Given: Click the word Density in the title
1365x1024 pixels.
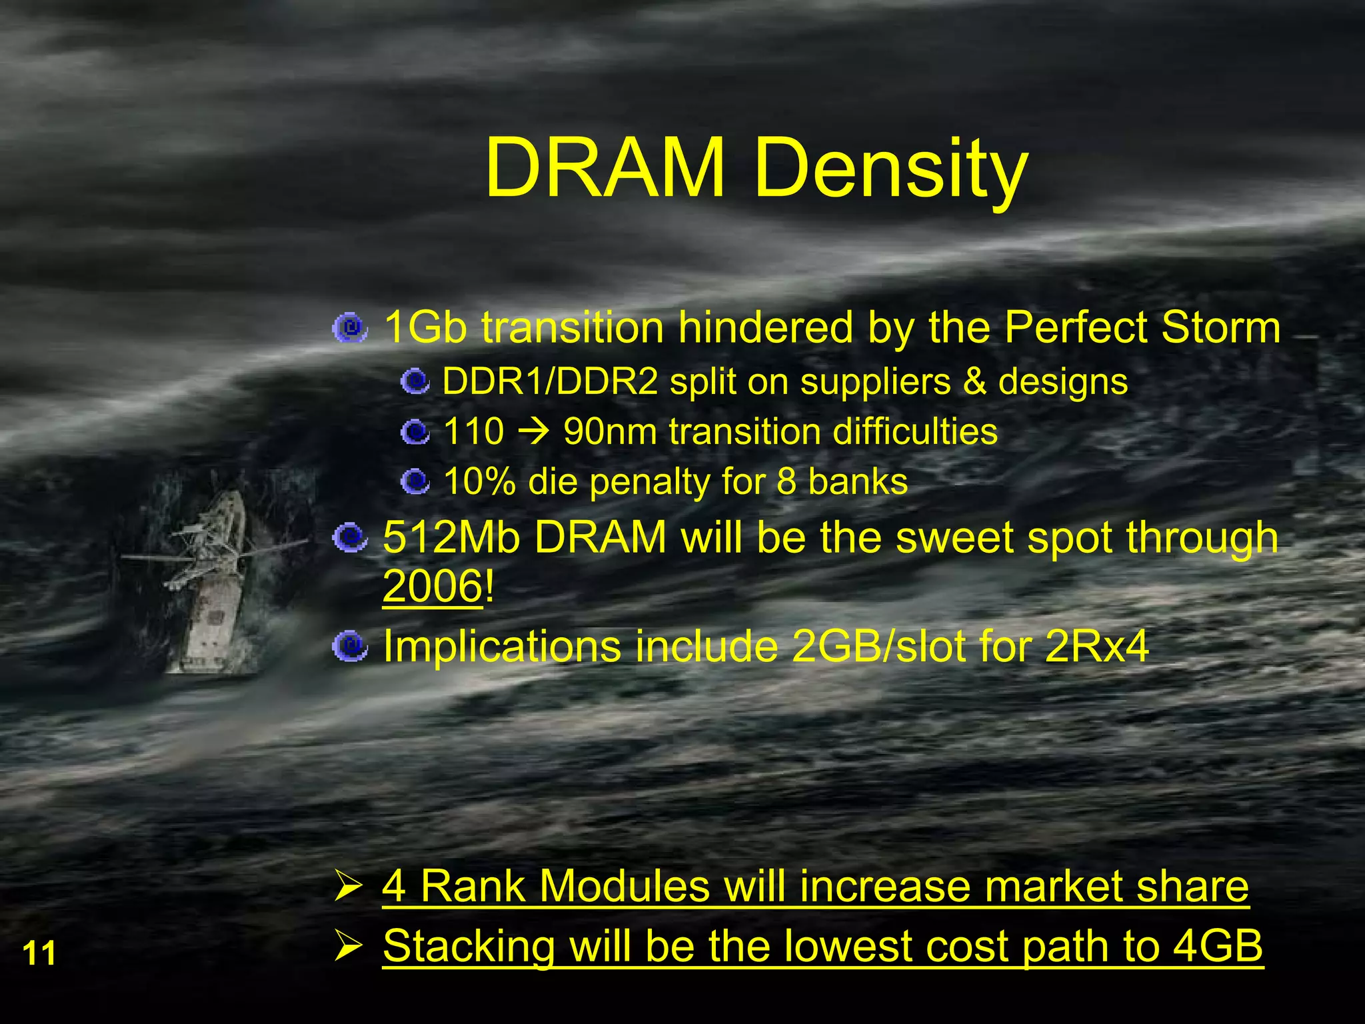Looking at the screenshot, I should [890, 170].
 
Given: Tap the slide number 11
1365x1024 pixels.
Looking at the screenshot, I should [39, 953].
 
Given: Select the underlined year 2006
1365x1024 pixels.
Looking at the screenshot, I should [432, 586].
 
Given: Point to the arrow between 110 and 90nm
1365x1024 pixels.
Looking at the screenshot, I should [534, 431].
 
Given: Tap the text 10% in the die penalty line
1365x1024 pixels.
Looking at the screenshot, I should [479, 481].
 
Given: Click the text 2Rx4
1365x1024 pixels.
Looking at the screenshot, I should [1096, 646].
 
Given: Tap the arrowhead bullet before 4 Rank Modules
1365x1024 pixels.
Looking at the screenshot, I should [348, 887].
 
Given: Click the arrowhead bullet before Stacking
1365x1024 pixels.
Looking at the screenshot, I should [348, 946].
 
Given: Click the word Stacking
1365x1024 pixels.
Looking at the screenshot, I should [469, 947].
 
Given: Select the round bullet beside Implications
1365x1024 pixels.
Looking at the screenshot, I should [349, 646].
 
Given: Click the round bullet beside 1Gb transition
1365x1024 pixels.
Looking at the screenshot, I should [349, 328].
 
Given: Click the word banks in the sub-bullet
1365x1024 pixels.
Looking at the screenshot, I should [858, 481].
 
